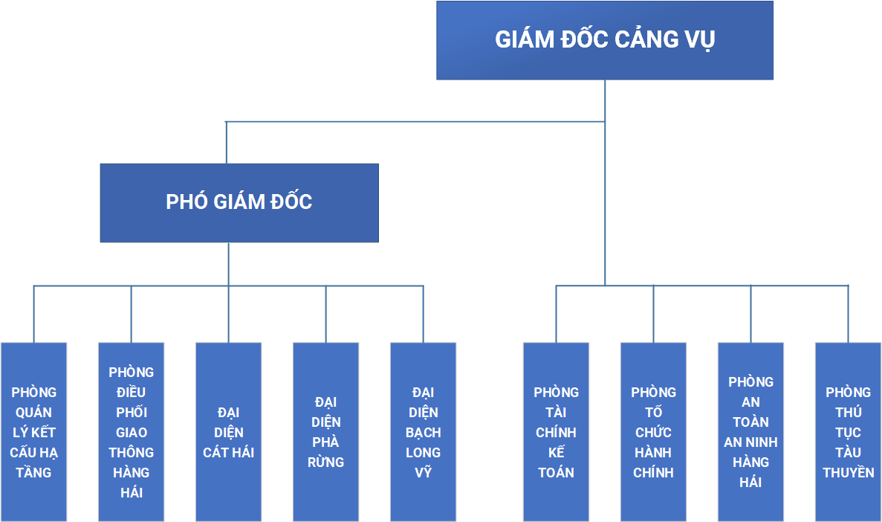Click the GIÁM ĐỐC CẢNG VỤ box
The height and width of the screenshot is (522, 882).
coord(605,40)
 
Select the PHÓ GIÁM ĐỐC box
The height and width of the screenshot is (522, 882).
coord(239,203)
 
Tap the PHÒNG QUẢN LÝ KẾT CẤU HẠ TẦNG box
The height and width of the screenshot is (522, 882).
coord(33,432)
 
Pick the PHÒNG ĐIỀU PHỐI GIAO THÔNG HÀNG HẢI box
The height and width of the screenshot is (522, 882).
coord(131,432)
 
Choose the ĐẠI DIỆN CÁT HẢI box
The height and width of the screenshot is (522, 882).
coord(228,432)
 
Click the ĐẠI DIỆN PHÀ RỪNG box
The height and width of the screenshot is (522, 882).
coord(325,432)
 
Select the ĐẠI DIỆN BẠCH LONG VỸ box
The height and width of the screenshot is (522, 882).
coord(423,432)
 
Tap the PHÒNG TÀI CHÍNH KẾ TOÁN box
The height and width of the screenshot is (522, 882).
coord(556,432)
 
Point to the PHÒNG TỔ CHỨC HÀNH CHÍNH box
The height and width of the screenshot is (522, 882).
coord(653,432)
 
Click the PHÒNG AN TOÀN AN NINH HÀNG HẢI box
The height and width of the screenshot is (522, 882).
coord(750,432)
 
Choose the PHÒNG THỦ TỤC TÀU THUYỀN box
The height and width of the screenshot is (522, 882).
coord(848,432)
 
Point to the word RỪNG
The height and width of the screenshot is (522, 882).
coord(325,462)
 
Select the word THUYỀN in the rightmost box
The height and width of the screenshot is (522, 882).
coord(849,472)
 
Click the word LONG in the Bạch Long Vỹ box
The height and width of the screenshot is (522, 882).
coord(423,452)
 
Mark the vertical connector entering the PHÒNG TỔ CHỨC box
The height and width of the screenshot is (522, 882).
coord(654,315)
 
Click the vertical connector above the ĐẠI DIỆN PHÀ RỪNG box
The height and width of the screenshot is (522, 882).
coord(325,315)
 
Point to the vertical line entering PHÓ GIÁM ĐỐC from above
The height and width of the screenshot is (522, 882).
coord(226,143)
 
